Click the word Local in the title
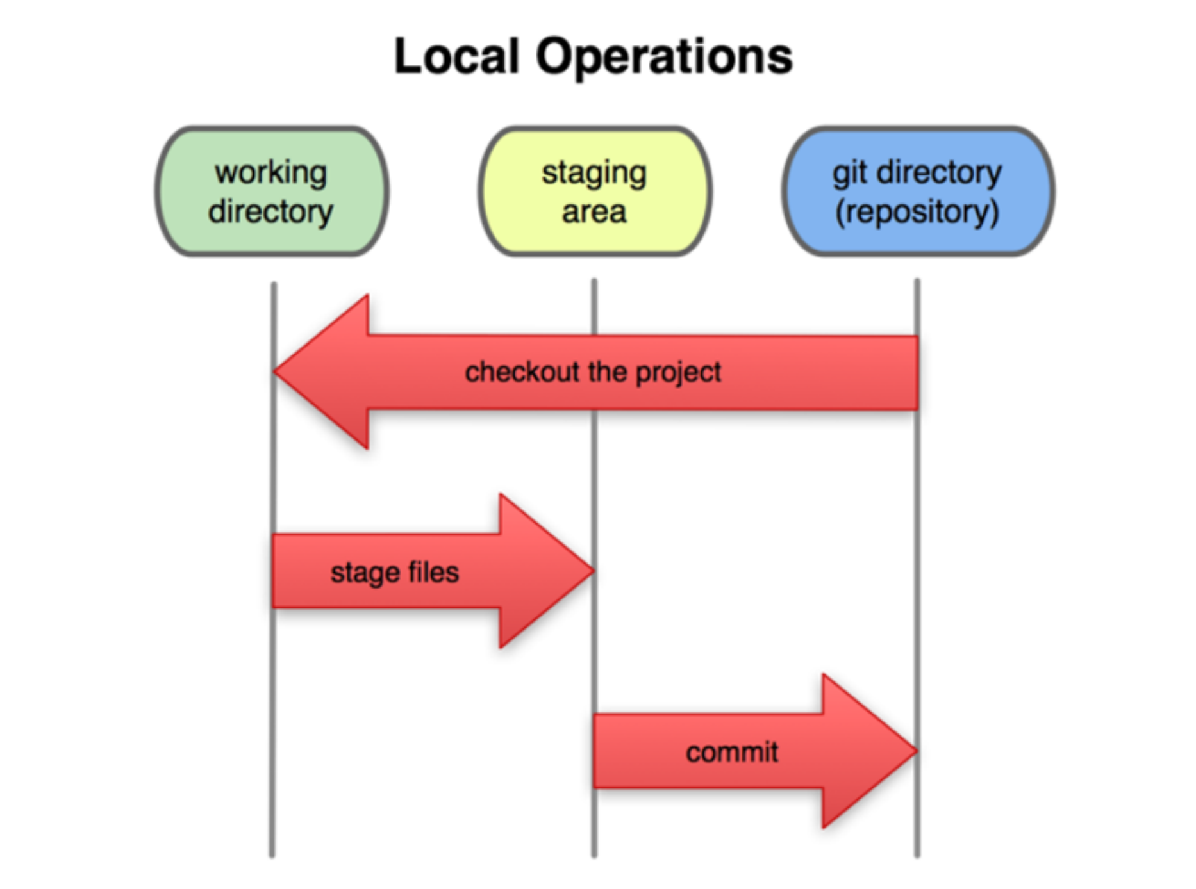coord(456,56)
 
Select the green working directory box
coord(272,192)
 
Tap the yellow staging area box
coord(595,192)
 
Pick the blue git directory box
coord(918,192)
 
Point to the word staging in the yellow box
coord(594,174)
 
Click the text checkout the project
coord(593,372)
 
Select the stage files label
coord(394,572)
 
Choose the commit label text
coord(732,752)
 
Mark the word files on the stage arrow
coord(434,571)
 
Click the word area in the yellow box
coord(594,212)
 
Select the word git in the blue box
coord(850,173)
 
